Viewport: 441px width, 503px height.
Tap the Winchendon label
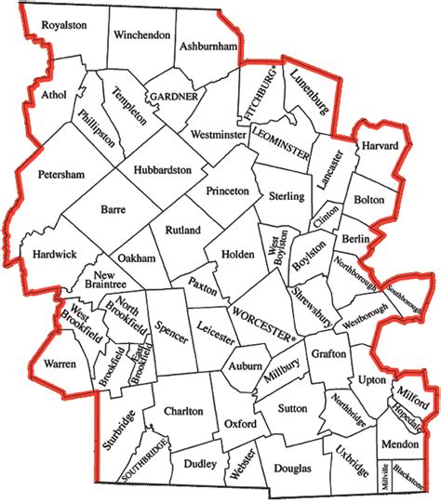[x=141, y=35]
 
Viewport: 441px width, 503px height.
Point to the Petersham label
[x=61, y=174]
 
